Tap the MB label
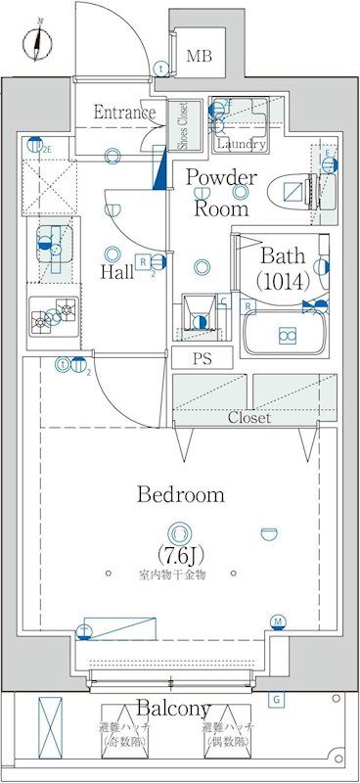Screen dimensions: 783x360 tap(199, 57)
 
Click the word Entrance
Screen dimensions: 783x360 tap(124, 113)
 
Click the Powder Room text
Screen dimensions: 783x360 tap(221, 193)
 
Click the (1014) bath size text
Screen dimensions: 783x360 tap(284, 282)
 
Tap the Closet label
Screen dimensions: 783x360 tap(249, 417)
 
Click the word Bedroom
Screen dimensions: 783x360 tap(179, 495)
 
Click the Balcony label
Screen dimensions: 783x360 tap(173, 708)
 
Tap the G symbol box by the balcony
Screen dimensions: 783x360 tap(276, 699)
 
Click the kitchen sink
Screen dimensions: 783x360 tap(55, 249)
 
